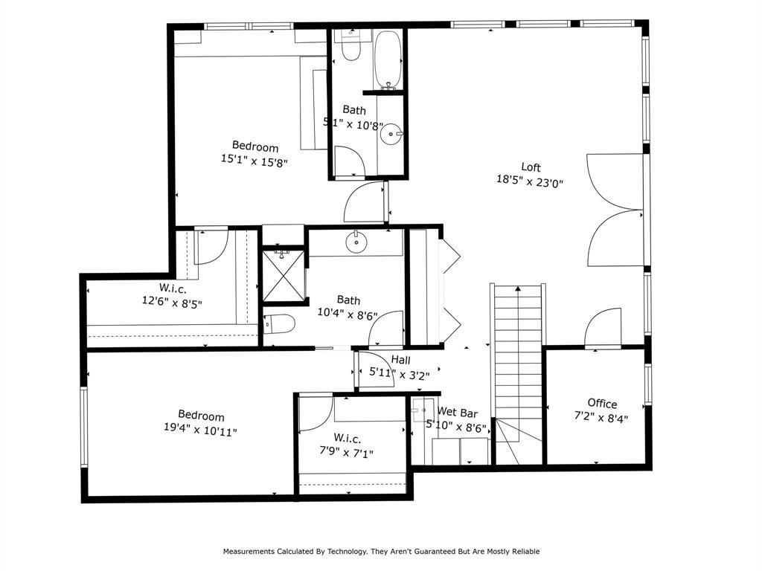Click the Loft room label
tap(531, 167)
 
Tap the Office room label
tap(602, 404)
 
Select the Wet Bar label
tap(457, 412)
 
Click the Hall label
tap(401, 360)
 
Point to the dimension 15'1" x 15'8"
tap(254, 159)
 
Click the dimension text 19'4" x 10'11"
tap(201, 430)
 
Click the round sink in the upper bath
tap(391, 135)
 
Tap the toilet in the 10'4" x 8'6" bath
tap(279, 324)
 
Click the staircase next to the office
tap(518, 357)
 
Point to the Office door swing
tap(603, 329)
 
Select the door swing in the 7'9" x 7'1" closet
tap(315, 413)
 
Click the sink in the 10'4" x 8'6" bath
tap(356, 241)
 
